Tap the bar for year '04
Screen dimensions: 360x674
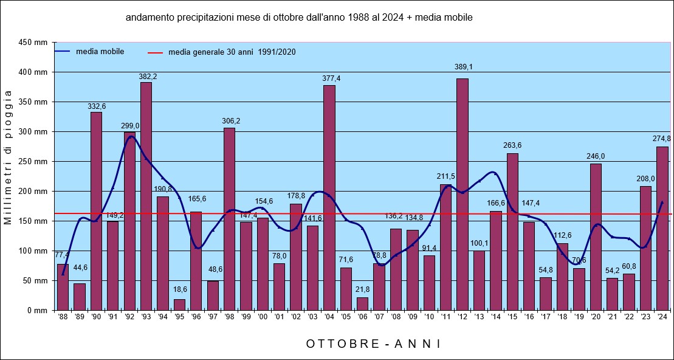point(329,198)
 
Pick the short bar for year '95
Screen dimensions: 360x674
point(179,305)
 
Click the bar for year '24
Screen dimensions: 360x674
point(662,228)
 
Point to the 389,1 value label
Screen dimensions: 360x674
point(463,67)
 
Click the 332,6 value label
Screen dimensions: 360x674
point(96,106)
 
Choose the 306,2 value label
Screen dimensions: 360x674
point(229,121)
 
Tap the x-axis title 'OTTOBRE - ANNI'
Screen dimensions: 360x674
point(373,344)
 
